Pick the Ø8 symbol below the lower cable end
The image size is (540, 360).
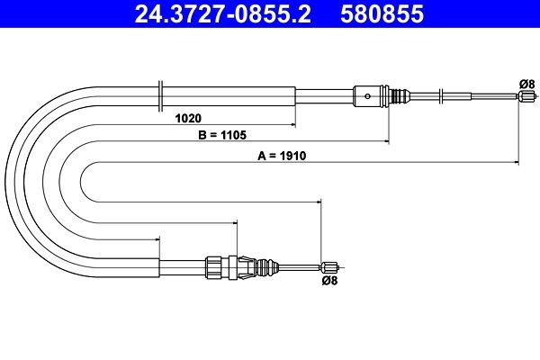pos(331,280)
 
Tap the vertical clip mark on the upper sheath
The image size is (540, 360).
pos(159,94)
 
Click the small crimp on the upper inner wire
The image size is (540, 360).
pos(440,94)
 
